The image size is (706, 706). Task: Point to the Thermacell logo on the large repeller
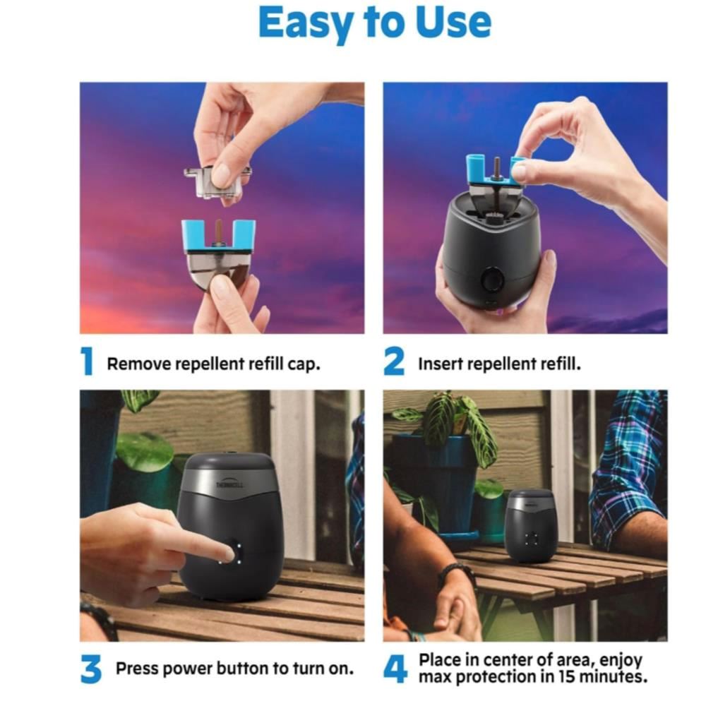[x=230, y=483]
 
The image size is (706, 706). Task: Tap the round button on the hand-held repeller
[x=493, y=280]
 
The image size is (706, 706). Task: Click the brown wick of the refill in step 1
[x=218, y=231]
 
